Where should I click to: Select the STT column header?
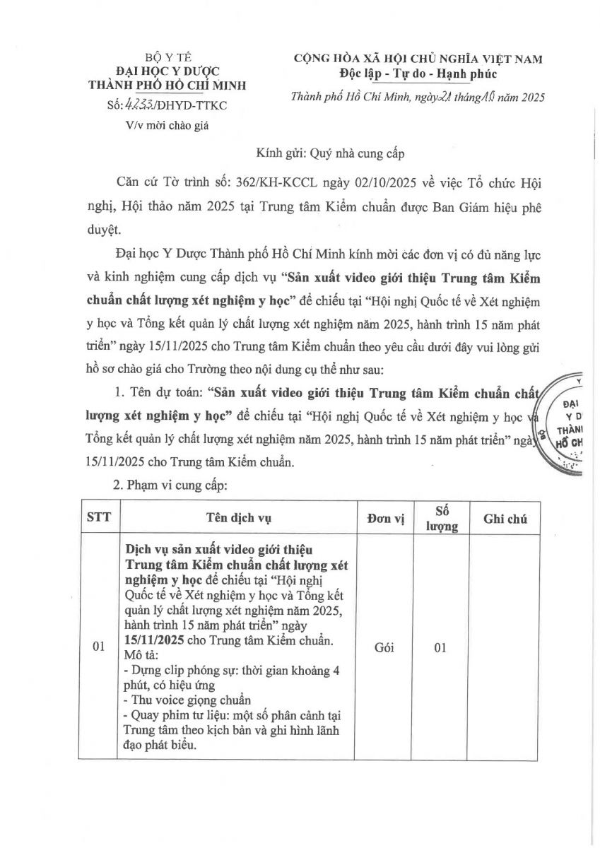pyautogui.click(x=99, y=518)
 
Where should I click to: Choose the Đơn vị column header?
pyautogui.click(x=386, y=518)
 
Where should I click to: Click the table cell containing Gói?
pyautogui.click(x=386, y=647)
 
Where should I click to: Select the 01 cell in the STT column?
pyautogui.click(x=99, y=647)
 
